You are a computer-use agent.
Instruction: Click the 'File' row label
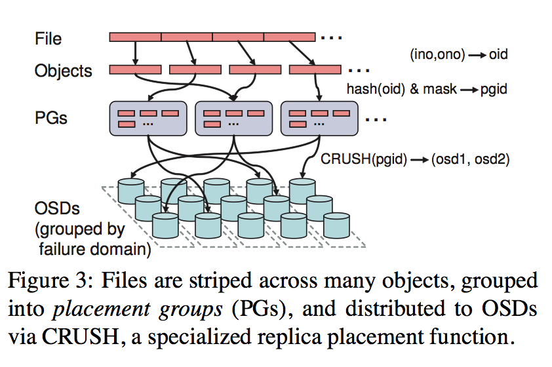49,39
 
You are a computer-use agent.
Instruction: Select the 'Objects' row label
63,70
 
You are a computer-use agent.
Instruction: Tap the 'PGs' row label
51,119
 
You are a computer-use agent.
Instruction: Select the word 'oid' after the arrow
498,55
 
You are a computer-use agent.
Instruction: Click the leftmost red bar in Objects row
135,69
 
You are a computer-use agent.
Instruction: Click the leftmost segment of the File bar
135,37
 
